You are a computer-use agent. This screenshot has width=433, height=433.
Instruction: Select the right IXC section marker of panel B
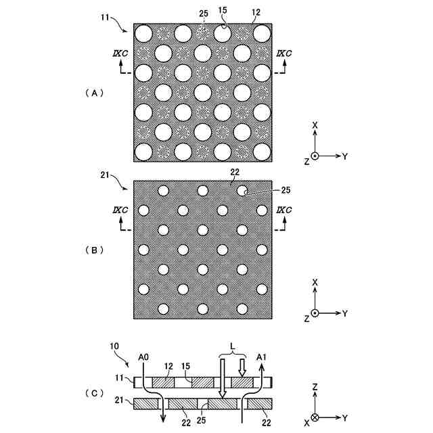point(283,212)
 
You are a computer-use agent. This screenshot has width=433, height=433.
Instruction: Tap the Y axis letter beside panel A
point(344,156)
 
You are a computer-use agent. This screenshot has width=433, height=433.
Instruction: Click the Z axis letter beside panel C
point(315,387)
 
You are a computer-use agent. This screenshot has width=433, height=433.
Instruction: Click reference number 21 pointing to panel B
point(104,175)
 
